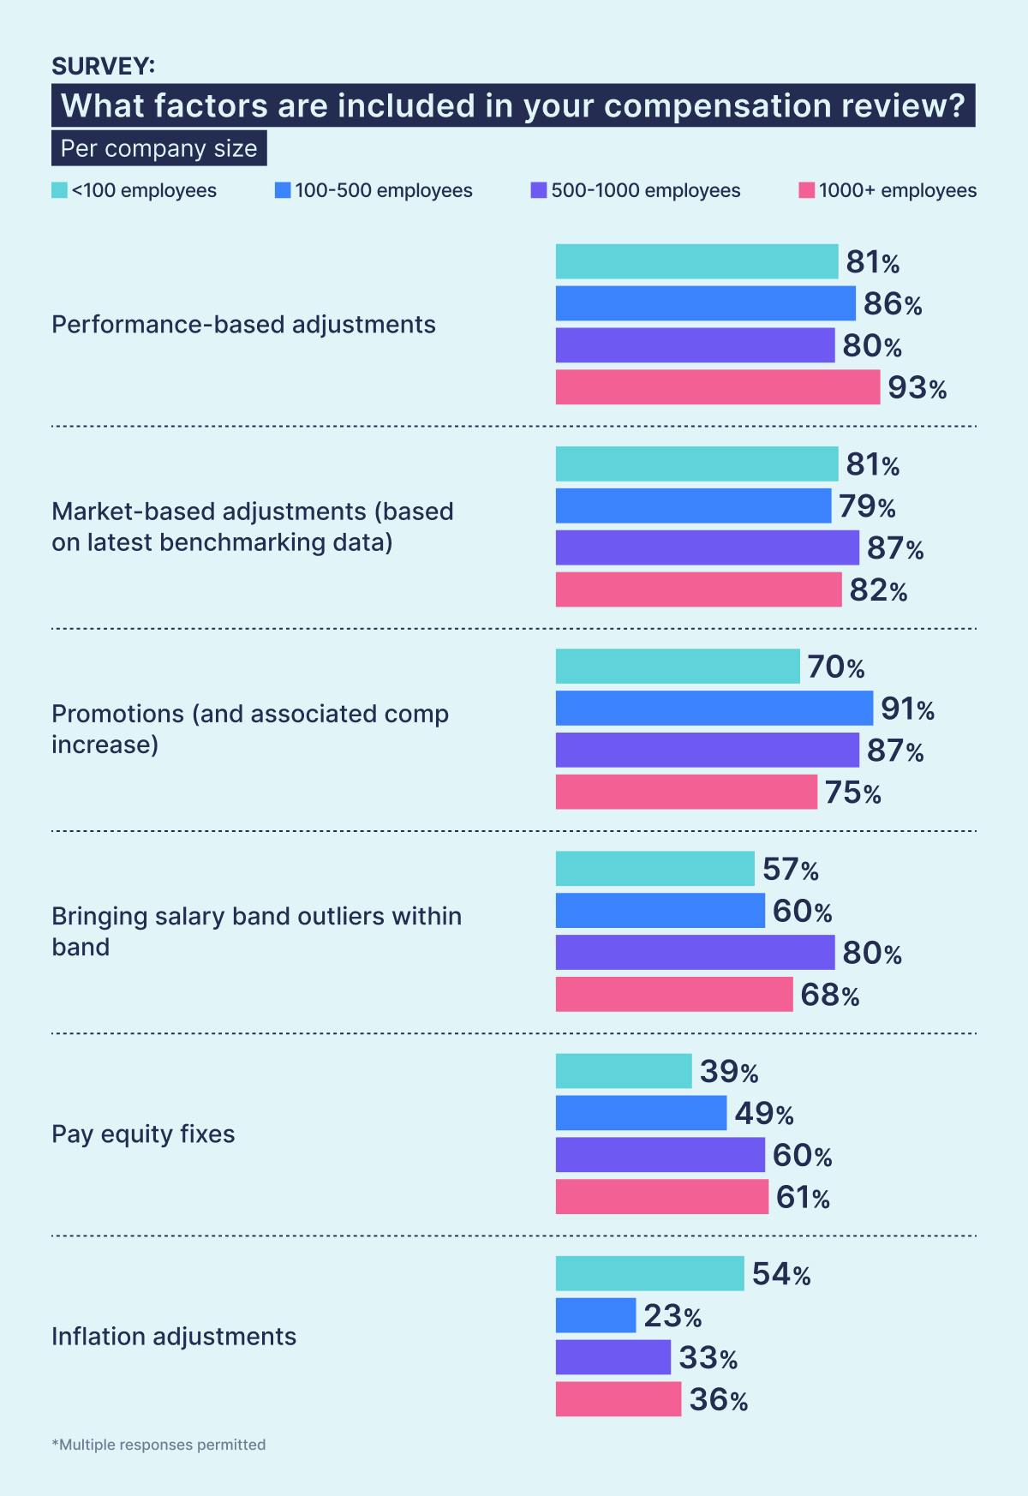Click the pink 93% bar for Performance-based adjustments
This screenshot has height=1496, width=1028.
[717, 387]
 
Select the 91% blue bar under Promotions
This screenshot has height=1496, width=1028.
[714, 709]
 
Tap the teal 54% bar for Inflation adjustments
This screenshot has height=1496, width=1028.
[649, 1273]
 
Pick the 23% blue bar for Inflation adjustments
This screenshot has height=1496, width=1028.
[595, 1315]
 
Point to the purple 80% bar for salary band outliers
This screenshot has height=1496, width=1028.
[695, 952]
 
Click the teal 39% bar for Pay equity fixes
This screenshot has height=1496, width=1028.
[623, 1071]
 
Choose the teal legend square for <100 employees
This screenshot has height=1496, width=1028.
[59, 190]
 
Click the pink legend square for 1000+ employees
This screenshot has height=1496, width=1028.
[806, 190]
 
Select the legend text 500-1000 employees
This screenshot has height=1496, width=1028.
[645, 190]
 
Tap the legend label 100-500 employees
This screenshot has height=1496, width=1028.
[384, 190]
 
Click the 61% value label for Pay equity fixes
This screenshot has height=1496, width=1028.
[803, 1197]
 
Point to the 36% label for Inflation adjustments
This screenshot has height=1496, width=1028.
[718, 1400]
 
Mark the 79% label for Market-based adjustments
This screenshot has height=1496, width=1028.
[867, 506]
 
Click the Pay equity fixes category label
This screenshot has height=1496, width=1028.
[143, 1134]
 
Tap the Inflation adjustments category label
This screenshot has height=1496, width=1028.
[174, 1336]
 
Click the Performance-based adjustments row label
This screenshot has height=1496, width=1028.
[243, 325]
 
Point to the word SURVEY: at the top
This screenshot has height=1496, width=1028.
[103, 66]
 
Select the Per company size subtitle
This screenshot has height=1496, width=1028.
[158, 148]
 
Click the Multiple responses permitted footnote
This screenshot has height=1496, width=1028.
[158, 1445]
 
